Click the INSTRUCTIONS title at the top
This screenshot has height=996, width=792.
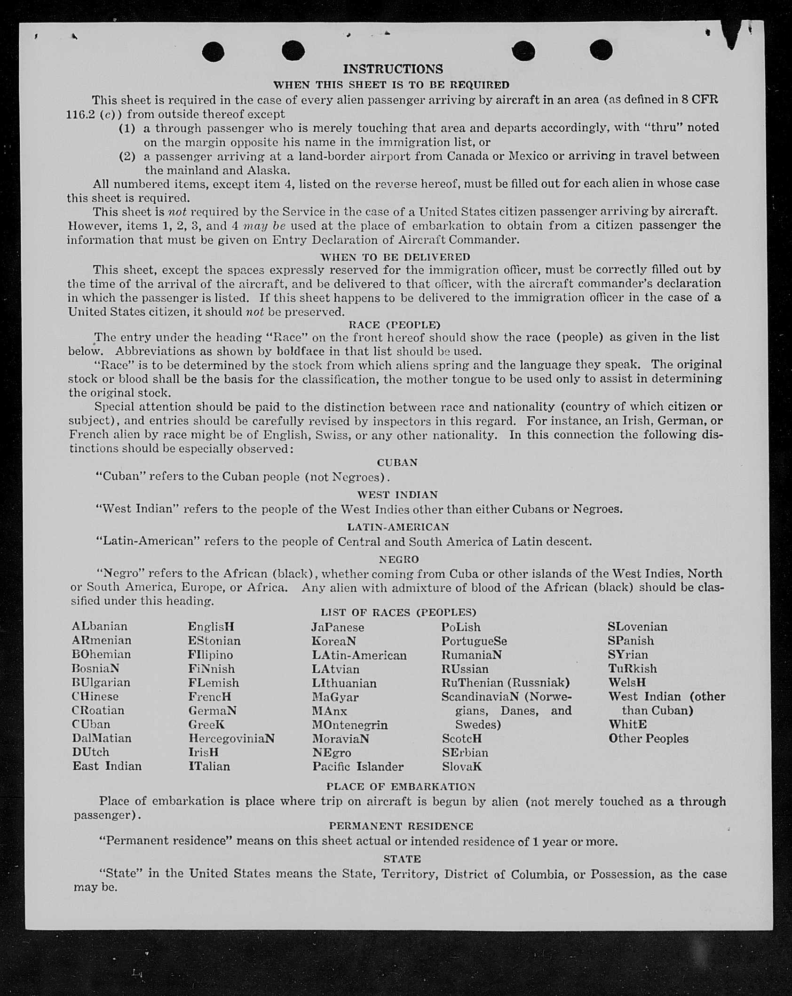pos(393,69)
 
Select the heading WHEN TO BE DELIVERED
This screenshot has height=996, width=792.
pos(395,257)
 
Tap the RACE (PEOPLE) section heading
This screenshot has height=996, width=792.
pos(395,325)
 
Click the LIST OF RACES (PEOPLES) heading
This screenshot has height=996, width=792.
pos(398,612)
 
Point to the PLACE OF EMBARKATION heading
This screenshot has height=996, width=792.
pos(401,787)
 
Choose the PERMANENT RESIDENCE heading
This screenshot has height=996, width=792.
pos(401,826)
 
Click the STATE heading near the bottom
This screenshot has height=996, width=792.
pos(402,859)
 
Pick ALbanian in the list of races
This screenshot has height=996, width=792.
pos(100,626)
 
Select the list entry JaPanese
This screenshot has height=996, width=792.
pos(337,627)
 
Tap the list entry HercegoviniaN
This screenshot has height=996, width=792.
pos(231,738)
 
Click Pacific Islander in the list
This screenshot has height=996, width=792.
pos(358,766)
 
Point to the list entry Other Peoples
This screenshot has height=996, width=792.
pos(648,738)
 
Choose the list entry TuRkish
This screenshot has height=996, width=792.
pos(632,669)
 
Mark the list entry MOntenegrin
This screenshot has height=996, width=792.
pos(349,725)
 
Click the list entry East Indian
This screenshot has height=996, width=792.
pos(107,766)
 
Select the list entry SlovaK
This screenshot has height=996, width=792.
pos(462,766)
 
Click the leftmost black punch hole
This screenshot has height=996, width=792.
pos(213,51)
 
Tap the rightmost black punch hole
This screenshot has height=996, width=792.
pos(601,50)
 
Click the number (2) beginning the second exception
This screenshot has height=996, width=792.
pos(127,156)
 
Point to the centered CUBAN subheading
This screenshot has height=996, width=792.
pos(397,462)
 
